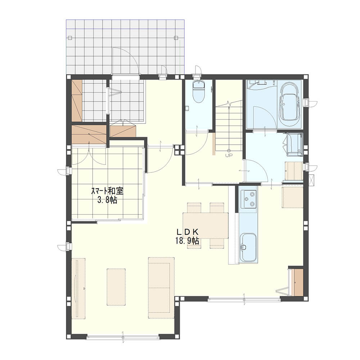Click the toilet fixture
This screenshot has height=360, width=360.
tap(199, 92)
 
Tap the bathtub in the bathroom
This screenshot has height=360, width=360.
tap(289, 104)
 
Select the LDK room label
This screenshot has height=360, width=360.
tap(187, 232)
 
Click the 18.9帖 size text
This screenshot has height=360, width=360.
tap(187, 241)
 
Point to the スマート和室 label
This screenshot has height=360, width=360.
tap(107, 191)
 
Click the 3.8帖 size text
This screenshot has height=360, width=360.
tap(107, 200)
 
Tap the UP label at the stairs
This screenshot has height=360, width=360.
tap(229, 155)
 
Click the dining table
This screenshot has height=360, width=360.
tap(206, 225)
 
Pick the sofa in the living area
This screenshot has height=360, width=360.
tap(161, 288)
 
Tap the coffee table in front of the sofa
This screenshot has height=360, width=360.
tap(116, 287)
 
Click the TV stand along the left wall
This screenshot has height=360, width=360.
tap(78, 288)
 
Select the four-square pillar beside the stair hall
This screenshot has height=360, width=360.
tap(179, 150)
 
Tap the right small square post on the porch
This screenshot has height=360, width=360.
tap(176, 38)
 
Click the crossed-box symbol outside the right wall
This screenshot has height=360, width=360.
tap(311, 181)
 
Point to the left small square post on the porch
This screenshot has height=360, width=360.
tap(70, 38)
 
